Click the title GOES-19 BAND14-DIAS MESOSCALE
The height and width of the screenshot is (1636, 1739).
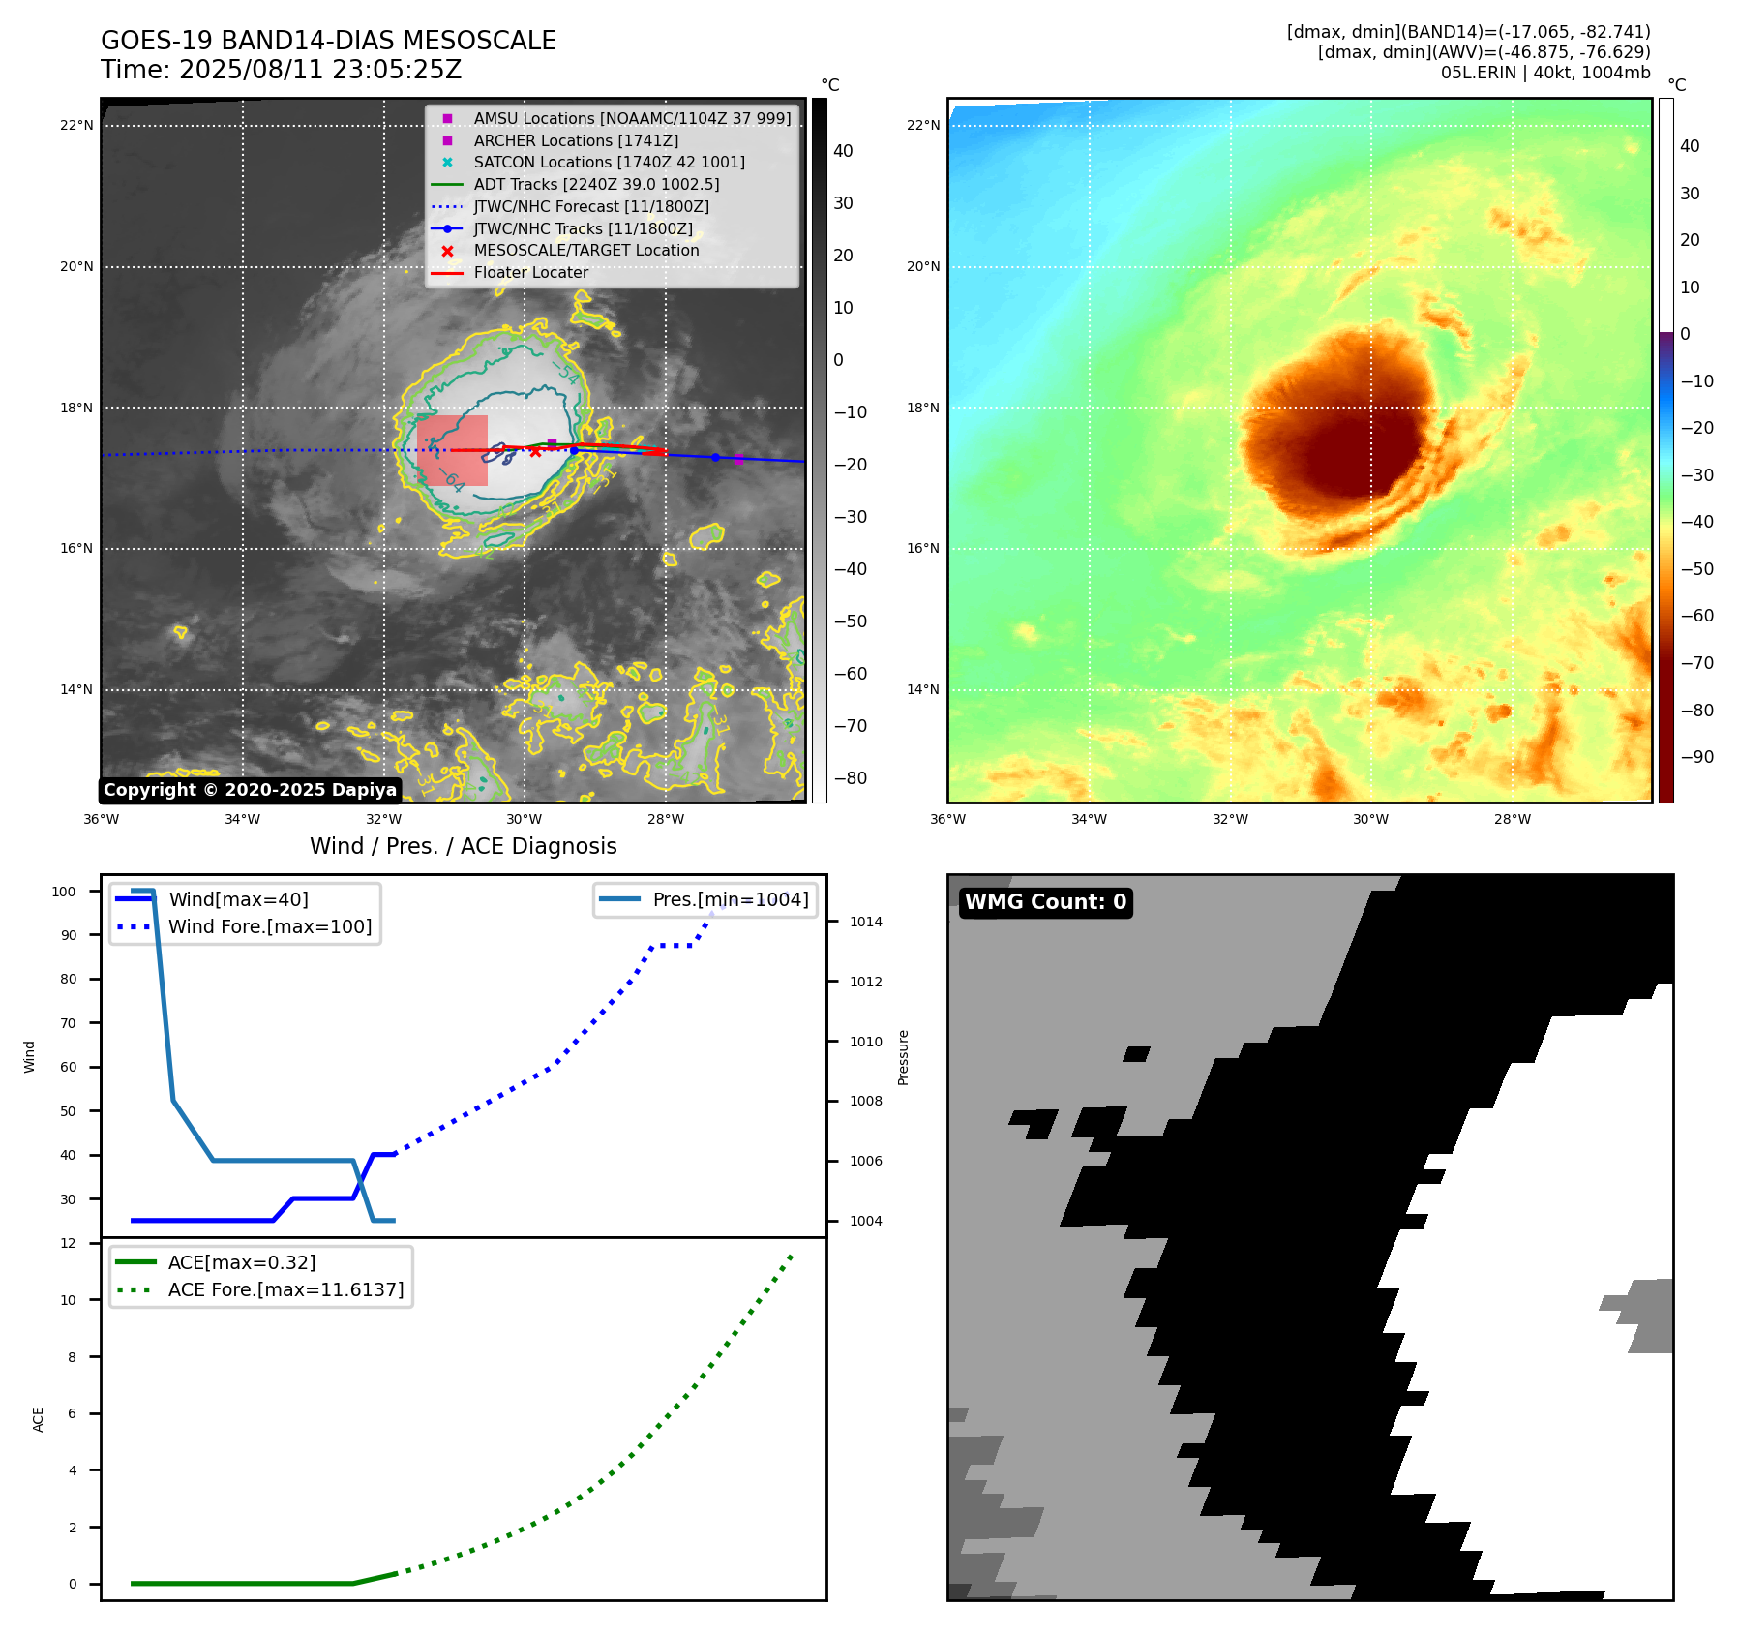[328, 41]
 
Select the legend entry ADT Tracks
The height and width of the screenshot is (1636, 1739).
[596, 184]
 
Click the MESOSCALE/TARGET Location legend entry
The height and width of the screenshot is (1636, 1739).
[585, 250]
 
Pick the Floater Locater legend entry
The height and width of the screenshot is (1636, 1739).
[530, 272]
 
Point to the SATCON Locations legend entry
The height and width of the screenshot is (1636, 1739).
[609, 162]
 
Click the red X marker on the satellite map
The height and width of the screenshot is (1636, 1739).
[535, 451]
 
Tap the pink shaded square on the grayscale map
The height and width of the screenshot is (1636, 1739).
[453, 450]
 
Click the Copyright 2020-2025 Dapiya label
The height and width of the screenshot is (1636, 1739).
[250, 790]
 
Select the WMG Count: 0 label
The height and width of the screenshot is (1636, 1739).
[1045, 902]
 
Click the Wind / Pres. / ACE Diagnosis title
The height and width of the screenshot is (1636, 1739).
[463, 846]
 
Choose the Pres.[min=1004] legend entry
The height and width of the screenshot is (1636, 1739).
[730, 899]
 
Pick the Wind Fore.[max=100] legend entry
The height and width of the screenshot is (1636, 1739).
[270, 926]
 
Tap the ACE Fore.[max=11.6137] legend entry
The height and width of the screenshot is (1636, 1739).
[285, 1289]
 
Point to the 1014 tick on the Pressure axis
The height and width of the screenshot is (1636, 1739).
[866, 922]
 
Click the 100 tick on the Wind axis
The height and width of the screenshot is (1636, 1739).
[64, 892]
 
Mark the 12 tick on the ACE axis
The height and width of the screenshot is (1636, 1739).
[68, 1243]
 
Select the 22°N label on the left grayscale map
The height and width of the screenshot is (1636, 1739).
[76, 125]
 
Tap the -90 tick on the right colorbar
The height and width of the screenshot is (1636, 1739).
[1696, 757]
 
